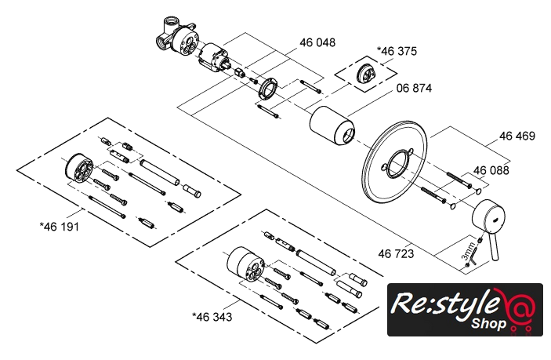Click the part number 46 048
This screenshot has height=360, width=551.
click(x=317, y=42)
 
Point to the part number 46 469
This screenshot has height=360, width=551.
click(x=517, y=136)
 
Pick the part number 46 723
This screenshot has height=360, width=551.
click(x=395, y=253)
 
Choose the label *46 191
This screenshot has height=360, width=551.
click(x=59, y=226)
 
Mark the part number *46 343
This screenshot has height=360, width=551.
click(x=211, y=316)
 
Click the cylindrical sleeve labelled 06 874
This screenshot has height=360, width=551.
click(x=329, y=126)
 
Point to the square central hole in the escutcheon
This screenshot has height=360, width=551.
click(x=395, y=166)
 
